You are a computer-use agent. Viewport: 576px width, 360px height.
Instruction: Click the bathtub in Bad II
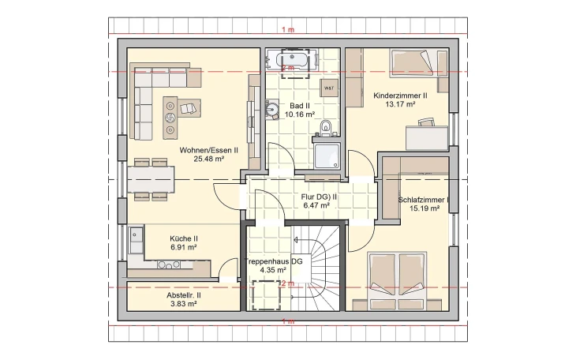pyautogui.click(x=292, y=60)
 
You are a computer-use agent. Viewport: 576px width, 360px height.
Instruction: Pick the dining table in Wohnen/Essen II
pyautogui.click(x=151, y=181)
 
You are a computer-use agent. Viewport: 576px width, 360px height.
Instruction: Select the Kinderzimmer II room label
pyautogui.click(x=400, y=95)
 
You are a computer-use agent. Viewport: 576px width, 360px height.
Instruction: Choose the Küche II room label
pyautogui.click(x=184, y=238)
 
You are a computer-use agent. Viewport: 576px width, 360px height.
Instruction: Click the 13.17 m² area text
pyautogui.click(x=400, y=103)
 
